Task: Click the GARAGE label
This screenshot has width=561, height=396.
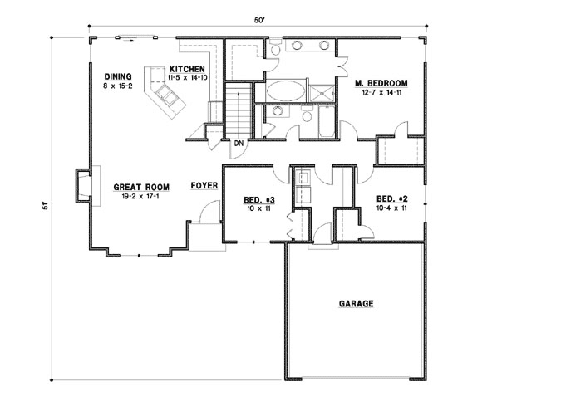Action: (x=355, y=304)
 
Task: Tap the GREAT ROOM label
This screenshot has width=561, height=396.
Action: (x=135, y=188)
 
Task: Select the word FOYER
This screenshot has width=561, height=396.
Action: (x=204, y=186)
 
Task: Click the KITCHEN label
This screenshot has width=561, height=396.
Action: (x=187, y=68)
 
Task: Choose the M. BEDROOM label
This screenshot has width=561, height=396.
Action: (x=381, y=83)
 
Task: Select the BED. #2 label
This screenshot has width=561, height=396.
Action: (x=391, y=199)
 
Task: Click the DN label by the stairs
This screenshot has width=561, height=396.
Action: (x=239, y=144)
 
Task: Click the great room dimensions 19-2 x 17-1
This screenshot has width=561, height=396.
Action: (x=135, y=198)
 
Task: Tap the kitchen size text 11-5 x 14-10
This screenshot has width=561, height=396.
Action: (x=187, y=76)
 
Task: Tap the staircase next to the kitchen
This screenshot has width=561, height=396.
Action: (x=239, y=110)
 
